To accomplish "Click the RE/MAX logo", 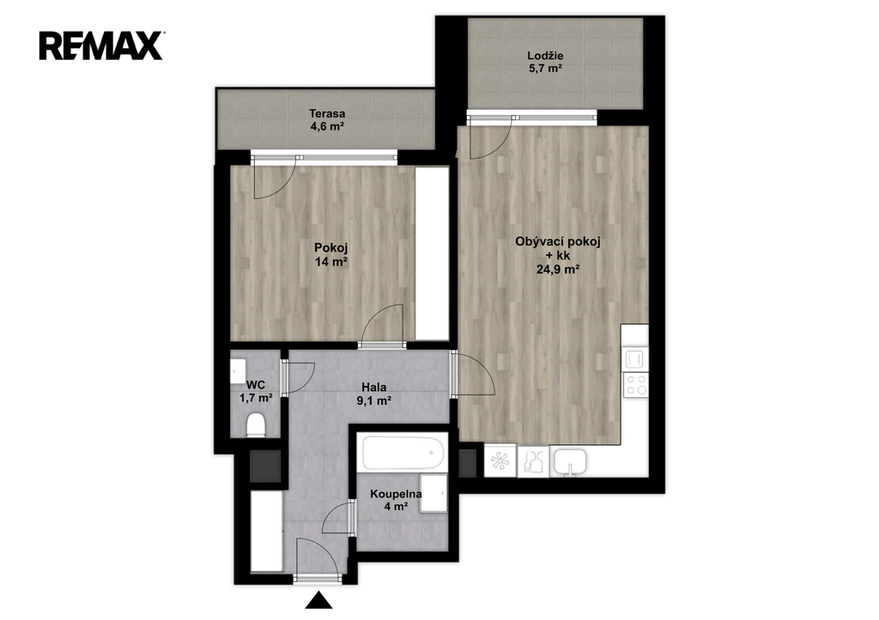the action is pos(101,45).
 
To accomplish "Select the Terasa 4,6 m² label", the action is pos(327,120).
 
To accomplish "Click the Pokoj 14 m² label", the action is pos(331,255).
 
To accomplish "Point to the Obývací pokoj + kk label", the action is pos(558,256).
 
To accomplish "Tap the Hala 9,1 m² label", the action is pos(374,394).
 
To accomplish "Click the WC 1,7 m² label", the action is pos(256,392).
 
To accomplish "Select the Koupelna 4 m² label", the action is pos(396,500).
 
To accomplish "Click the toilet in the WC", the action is pos(256,424).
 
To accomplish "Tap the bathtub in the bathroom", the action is pos(403,453).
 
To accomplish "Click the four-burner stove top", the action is pos(636,385).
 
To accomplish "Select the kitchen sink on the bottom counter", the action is pos(570,462).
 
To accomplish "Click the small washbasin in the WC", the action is pos(237,370).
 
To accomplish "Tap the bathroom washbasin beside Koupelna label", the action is pos(433,493).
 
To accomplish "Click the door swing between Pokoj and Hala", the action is pos(383,326).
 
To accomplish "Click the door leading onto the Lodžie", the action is pos(490,137).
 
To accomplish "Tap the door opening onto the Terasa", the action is pos(275,178).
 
